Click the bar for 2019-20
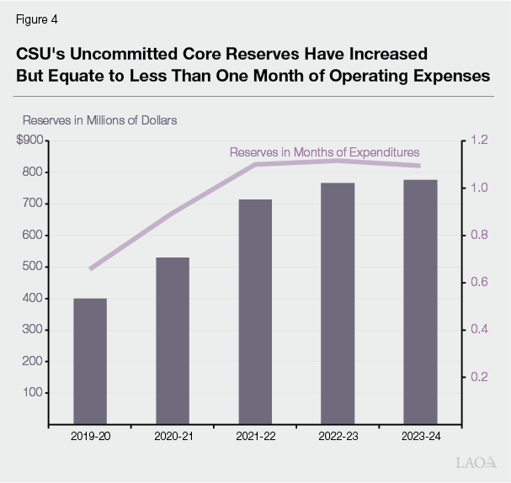tap(90, 361)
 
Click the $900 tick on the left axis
tap(31, 141)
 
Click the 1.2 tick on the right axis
tap(480, 141)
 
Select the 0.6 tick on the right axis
tap(480, 282)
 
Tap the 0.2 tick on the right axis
tap(480, 376)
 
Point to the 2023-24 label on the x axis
tap(419, 437)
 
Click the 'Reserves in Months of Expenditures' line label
tap(324, 152)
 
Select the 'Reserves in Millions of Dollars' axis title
tap(99, 120)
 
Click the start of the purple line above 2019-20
tap(91, 268)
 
